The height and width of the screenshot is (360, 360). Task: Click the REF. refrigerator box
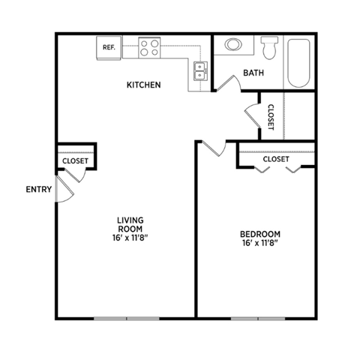tap(109, 48)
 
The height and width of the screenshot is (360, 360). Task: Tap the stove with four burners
tap(148, 48)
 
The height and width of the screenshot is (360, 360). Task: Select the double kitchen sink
tap(200, 70)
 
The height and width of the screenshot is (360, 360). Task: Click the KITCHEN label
tap(143, 85)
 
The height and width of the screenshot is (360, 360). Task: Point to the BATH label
tap(253, 73)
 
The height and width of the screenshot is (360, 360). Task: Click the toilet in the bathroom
tap(271, 48)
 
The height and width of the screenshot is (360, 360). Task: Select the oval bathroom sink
tap(234, 44)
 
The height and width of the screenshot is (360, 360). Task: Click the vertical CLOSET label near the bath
tap(270, 115)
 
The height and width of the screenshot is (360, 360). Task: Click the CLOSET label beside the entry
tap(75, 160)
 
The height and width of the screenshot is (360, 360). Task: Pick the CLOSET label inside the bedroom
tap(275, 159)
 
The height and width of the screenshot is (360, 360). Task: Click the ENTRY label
tap(38, 189)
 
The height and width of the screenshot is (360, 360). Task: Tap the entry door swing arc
tap(65, 192)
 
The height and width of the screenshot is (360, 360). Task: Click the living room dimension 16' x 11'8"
tap(130, 238)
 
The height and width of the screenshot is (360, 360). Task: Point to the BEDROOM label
tap(259, 233)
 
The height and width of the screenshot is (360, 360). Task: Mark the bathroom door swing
tap(226, 84)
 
